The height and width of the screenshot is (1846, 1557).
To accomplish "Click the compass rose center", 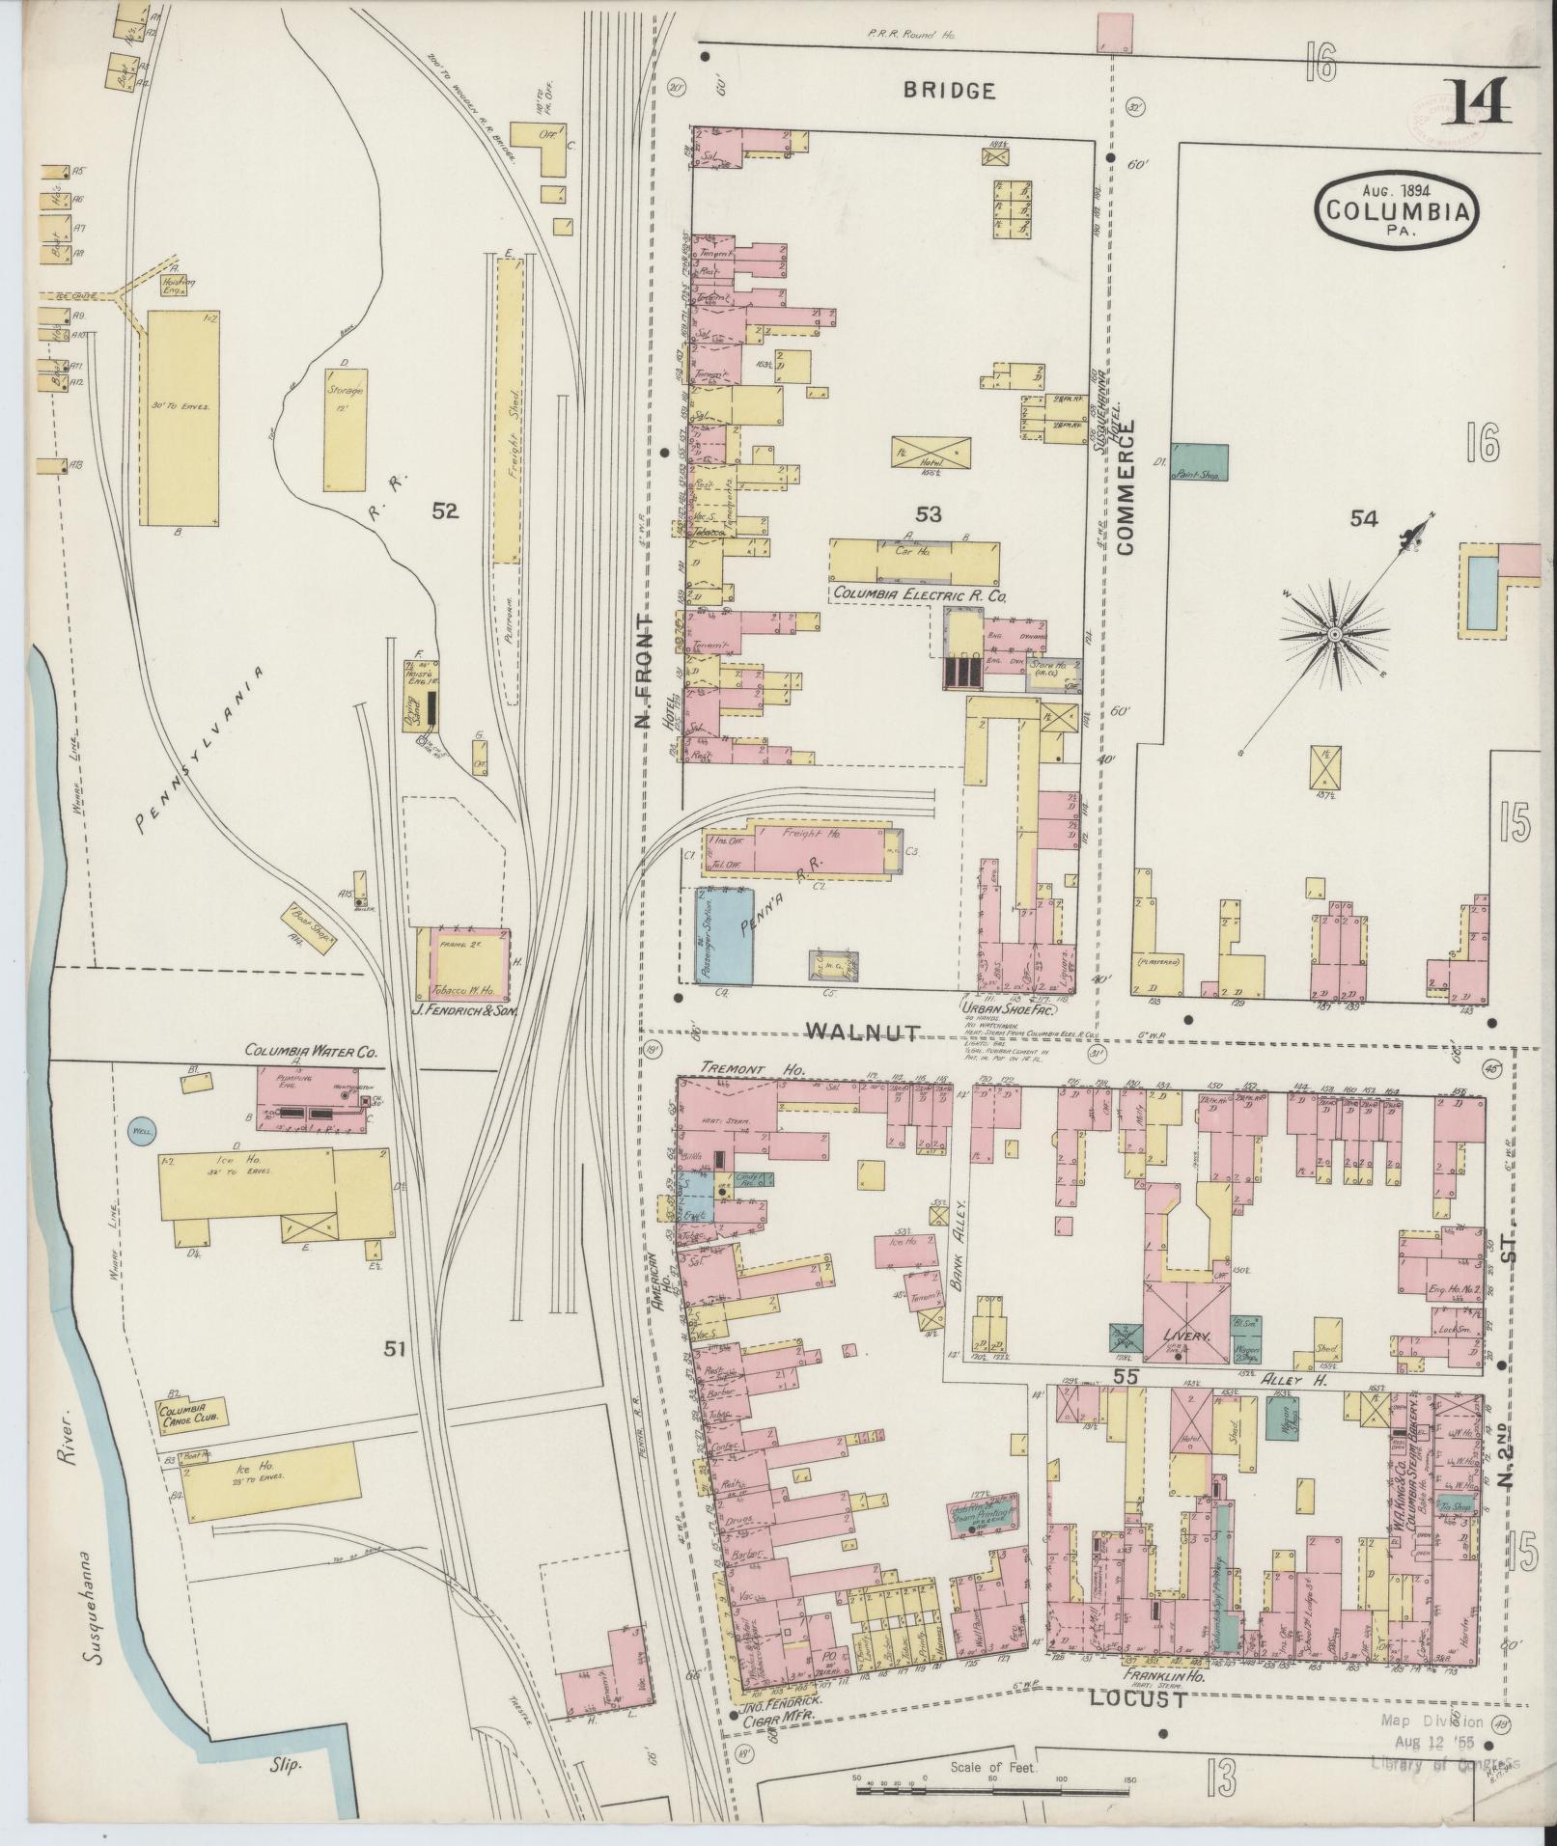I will click(1333, 634).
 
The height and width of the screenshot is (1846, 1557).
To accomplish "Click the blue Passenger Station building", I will click(723, 935).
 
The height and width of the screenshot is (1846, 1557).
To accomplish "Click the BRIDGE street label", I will click(949, 91).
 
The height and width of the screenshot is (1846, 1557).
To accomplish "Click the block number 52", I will click(445, 512).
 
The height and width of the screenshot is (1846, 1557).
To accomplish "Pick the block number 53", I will click(929, 513).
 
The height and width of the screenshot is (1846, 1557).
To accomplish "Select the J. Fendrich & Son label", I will click(461, 1011).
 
